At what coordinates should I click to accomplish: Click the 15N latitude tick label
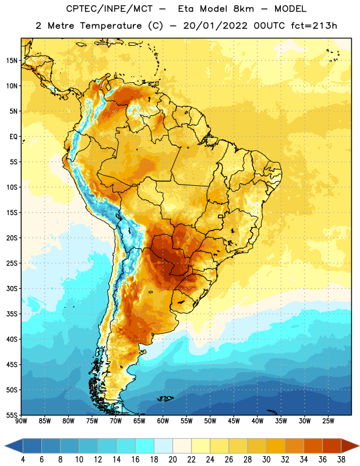tap(12, 61)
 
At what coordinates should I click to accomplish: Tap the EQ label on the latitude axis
tap(13, 137)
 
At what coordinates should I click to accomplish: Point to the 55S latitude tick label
tap(12, 415)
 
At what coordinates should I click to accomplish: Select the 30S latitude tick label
tap(12, 288)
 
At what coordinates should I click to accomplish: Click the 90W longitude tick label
tap(22, 421)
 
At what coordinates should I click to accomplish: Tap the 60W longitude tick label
tap(163, 421)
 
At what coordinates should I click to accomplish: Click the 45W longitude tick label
tap(234, 421)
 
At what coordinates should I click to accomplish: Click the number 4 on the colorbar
tap(23, 460)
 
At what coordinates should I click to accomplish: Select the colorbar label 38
tap(341, 460)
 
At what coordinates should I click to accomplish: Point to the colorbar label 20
tap(172, 460)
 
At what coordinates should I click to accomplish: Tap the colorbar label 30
tap(266, 460)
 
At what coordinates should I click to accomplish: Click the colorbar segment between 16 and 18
tap(145, 446)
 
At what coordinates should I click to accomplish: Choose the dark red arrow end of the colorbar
tap(349, 446)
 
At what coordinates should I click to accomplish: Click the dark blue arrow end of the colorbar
tap(14, 446)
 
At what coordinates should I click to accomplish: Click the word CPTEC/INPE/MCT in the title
tap(110, 9)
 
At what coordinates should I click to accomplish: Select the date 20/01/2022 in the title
tap(215, 26)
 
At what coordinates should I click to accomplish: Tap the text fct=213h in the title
tap(314, 26)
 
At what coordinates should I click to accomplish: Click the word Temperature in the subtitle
tap(111, 26)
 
